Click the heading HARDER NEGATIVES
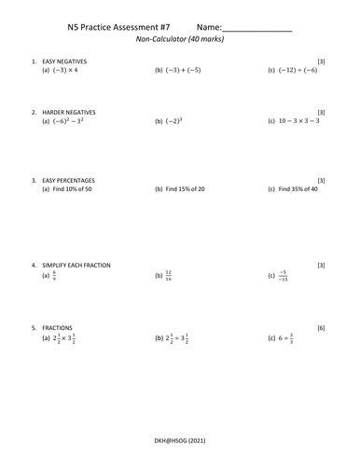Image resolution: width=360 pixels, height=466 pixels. (68, 112)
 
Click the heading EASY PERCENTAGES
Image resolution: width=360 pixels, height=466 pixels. (68, 180)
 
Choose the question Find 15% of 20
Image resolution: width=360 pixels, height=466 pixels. (186, 189)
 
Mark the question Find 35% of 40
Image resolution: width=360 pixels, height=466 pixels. (298, 189)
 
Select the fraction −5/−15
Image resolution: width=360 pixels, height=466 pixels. (283, 276)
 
